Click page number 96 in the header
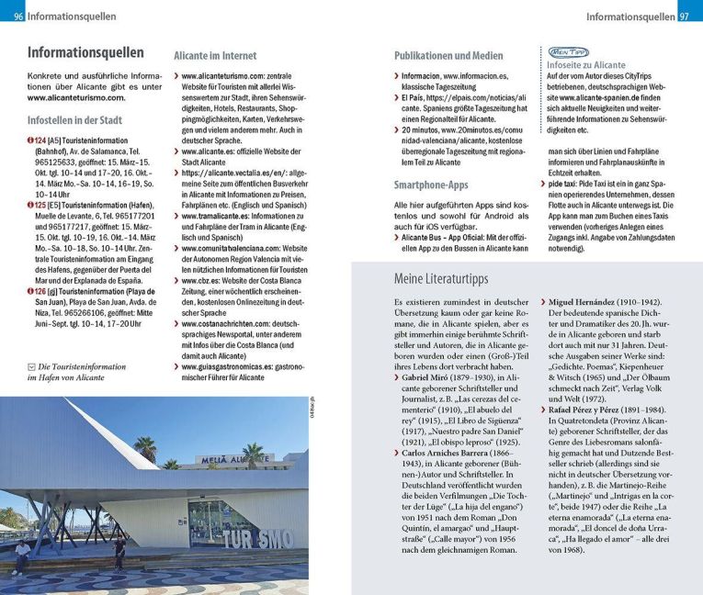pos(18,17)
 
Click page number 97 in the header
pos(685,17)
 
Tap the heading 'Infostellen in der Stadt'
pos(74,119)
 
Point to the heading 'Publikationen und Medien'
pos(448,55)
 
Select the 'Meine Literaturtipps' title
pos(442,278)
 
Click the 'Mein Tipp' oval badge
pos(568,52)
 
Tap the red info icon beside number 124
pos(31,140)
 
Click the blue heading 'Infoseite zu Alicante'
pos(587,67)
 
